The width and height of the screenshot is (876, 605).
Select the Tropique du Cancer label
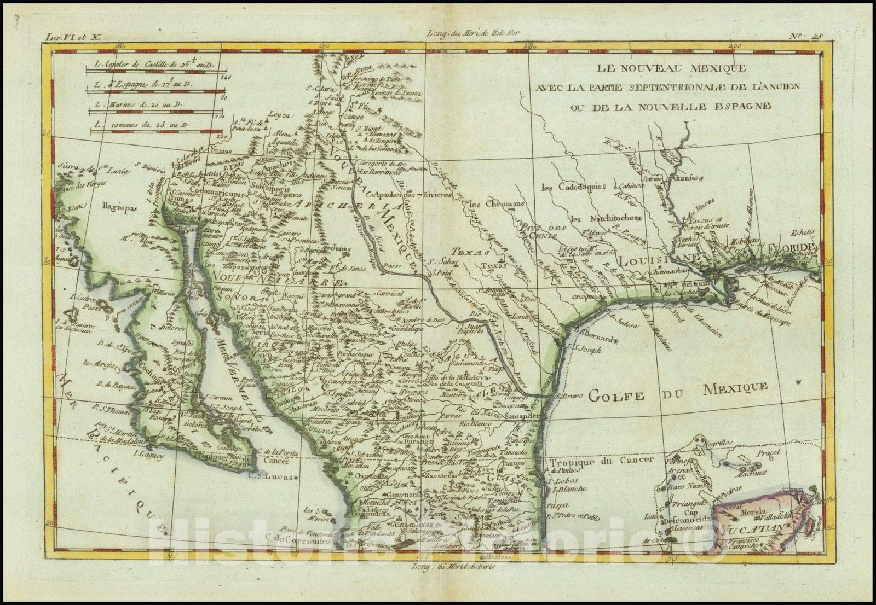(x=602, y=461)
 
